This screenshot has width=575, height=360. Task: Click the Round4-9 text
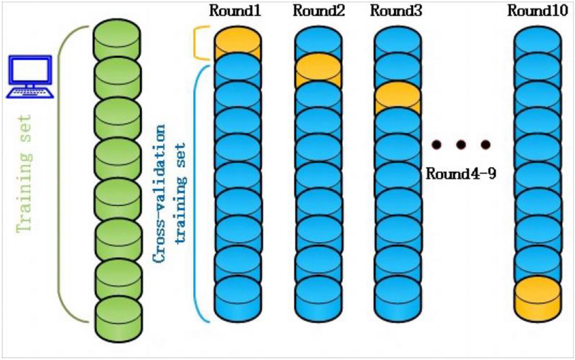[460, 174]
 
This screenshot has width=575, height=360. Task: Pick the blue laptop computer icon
[29, 76]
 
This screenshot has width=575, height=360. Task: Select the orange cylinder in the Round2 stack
[317, 68]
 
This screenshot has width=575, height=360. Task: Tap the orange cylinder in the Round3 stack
[397, 97]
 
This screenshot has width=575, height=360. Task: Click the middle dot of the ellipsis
[460, 144]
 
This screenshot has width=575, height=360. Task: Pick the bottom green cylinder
[118, 317]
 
